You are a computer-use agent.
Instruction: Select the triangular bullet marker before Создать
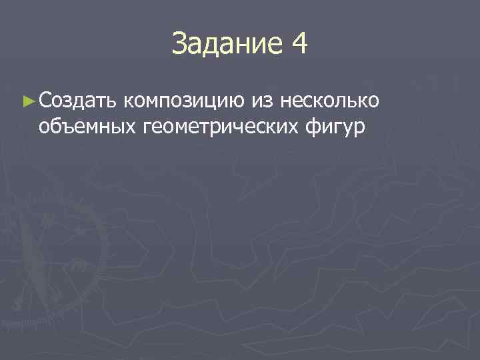(x=27, y=101)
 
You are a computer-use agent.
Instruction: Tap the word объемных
(x=87, y=125)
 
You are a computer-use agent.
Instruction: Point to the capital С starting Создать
(x=45, y=101)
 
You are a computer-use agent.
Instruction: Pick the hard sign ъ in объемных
(x=63, y=125)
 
